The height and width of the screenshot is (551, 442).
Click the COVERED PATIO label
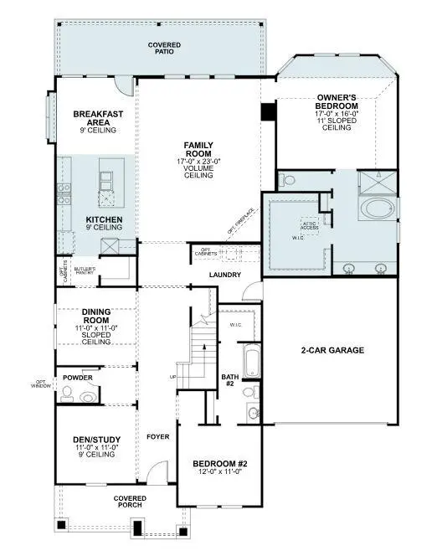(x=164, y=47)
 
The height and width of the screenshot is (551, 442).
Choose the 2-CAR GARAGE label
(x=332, y=350)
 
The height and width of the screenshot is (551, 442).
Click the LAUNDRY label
(x=225, y=275)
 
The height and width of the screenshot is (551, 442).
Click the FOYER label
(x=157, y=436)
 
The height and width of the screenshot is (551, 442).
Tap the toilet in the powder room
(x=95, y=392)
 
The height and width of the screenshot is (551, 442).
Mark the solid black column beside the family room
(x=268, y=111)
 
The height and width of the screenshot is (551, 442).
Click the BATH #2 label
(x=230, y=380)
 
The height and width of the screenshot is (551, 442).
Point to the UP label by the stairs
(x=173, y=377)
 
